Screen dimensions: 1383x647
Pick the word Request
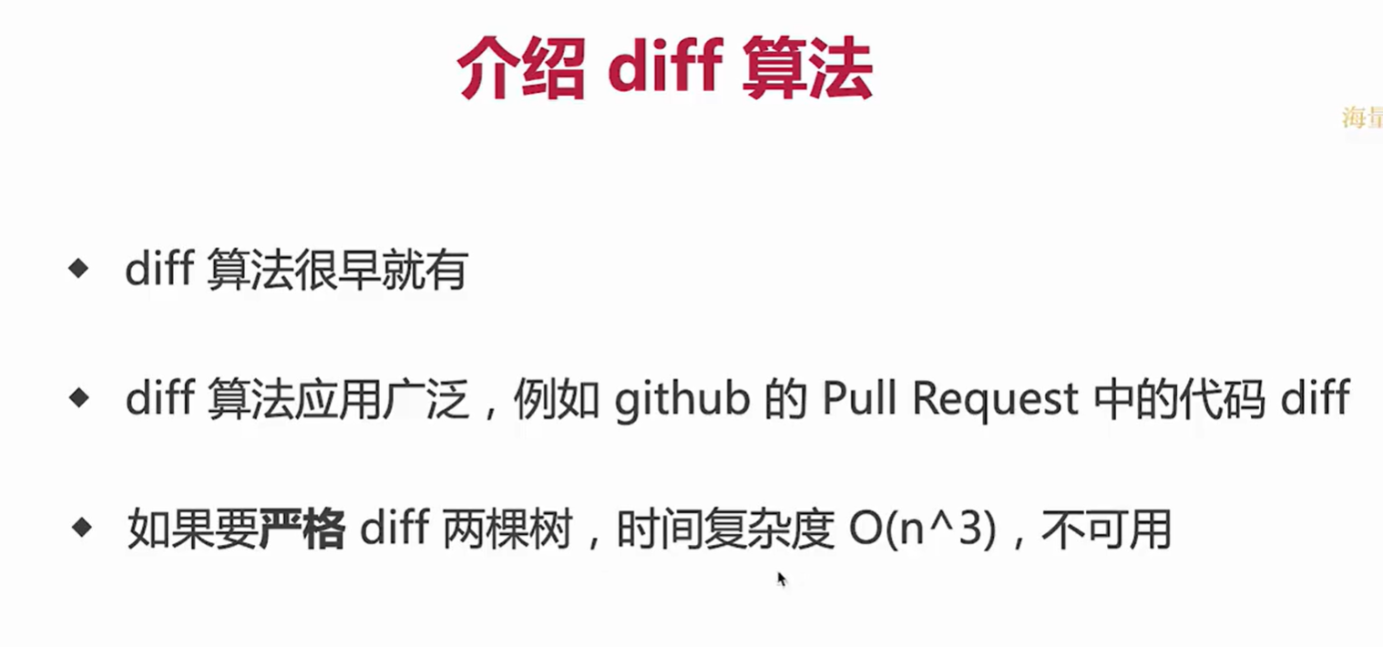tap(995, 400)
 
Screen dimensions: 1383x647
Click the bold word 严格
tap(302, 529)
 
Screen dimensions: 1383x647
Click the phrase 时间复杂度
tap(725, 529)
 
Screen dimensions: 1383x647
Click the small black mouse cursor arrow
tap(781, 579)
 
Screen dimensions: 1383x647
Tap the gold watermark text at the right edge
tap(1362, 118)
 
